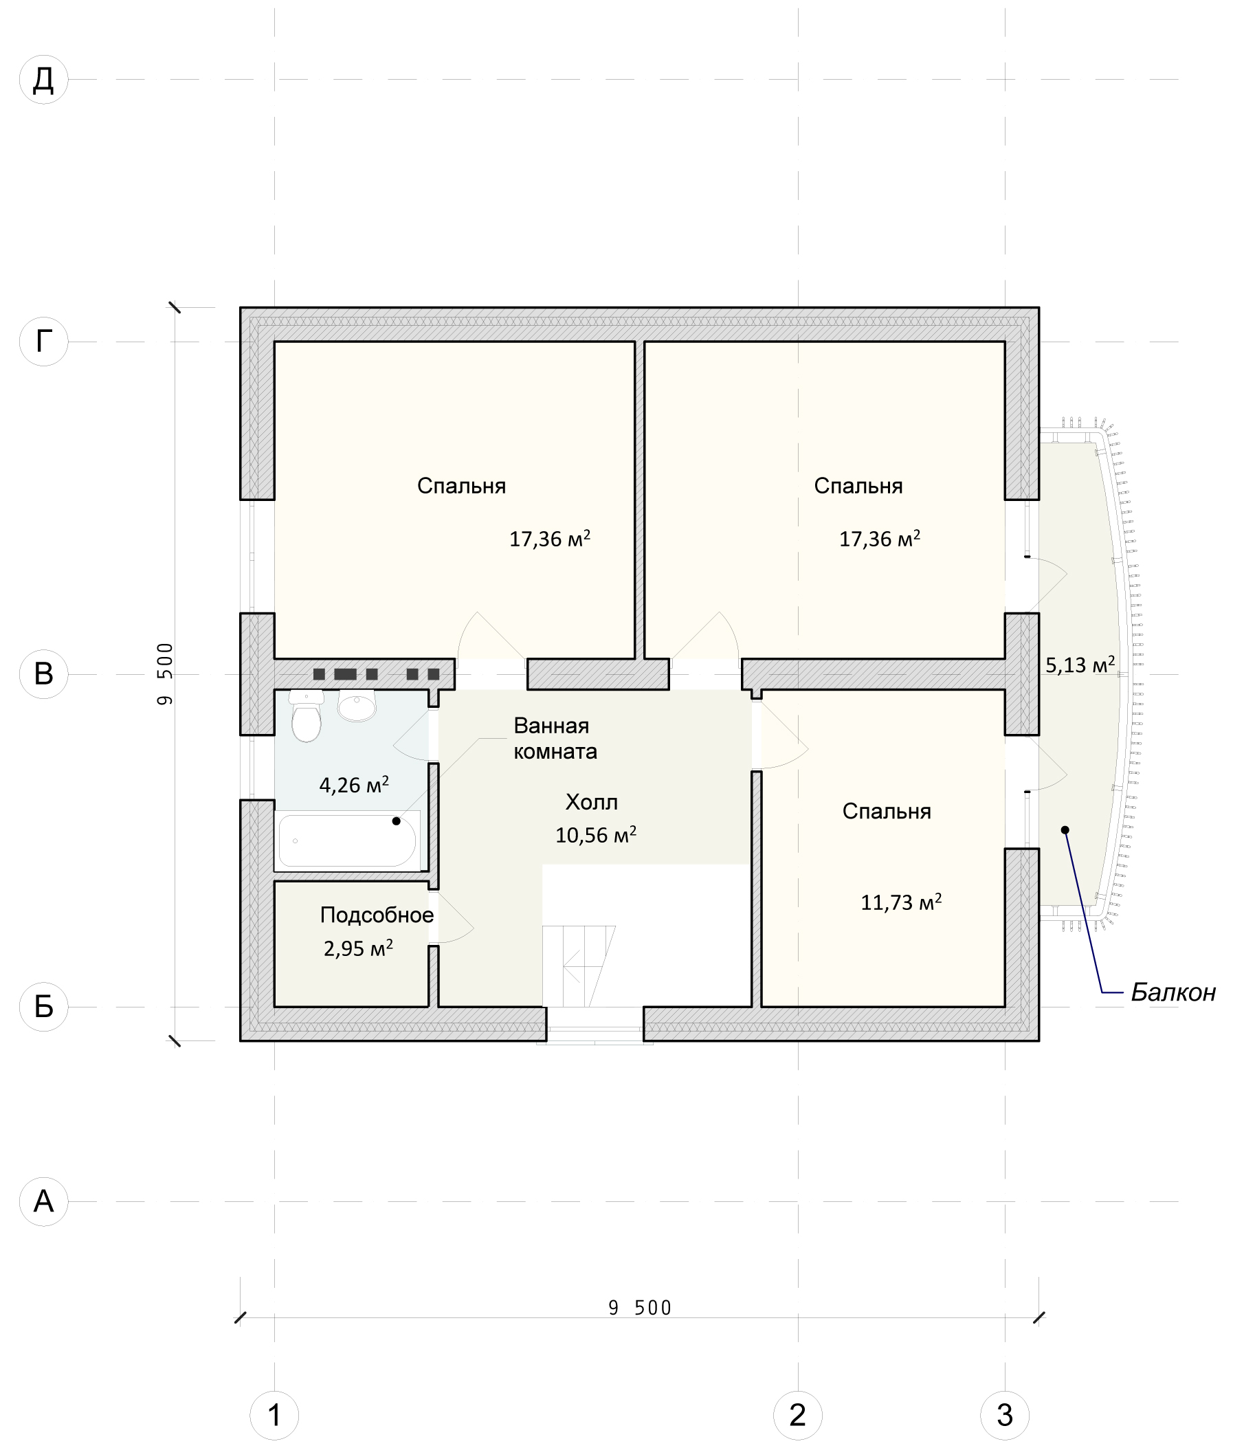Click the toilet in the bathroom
(x=306, y=715)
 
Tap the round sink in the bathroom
(x=357, y=705)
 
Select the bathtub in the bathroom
(x=347, y=840)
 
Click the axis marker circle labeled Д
(x=43, y=80)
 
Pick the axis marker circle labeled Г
(x=43, y=342)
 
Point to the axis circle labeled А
(x=43, y=1201)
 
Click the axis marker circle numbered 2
(x=797, y=1415)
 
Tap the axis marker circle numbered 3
(x=1004, y=1415)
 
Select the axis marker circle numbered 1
(x=274, y=1415)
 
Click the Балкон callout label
(x=1173, y=992)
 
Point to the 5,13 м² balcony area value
(x=1080, y=665)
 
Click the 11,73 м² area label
(x=901, y=902)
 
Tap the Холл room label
(x=591, y=802)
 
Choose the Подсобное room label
(x=377, y=915)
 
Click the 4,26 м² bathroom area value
(x=354, y=785)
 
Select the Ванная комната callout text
(x=555, y=739)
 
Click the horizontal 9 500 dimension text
(x=639, y=1308)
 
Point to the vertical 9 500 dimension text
(x=165, y=673)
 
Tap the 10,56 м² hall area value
(x=595, y=835)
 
